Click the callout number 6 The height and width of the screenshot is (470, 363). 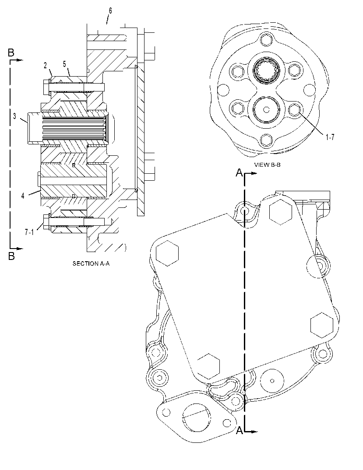coord(110,11)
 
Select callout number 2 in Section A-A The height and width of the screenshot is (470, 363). coord(45,65)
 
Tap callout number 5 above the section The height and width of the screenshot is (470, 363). coord(64,63)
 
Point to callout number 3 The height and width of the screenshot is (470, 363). coord(15,116)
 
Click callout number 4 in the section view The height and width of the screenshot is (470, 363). coord(23,196)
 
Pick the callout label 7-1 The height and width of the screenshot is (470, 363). coord(29,232)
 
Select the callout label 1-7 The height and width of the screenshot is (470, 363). coord(330,137)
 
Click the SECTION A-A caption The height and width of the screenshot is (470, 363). coord(91,264)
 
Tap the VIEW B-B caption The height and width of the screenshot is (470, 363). coord(267,165)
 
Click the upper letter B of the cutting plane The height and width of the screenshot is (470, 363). coord(11,53)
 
